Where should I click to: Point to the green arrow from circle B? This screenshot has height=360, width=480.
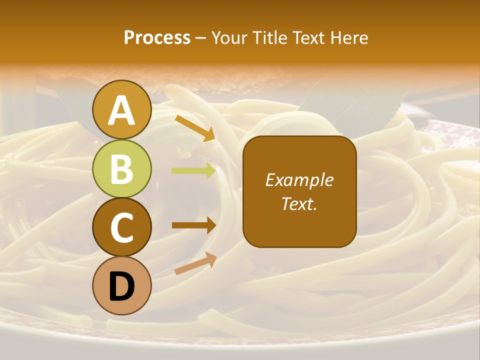tap(194, 171)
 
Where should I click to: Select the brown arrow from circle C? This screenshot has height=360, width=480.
tap(194, 225)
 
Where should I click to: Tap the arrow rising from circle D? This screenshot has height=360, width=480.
tap(195, 264)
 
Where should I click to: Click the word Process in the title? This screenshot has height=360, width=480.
tap(157, 38)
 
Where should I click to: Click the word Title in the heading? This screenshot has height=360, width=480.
tap(268, 38)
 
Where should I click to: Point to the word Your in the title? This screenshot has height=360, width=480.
tap(229, 38)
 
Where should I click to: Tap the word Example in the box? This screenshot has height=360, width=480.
tap(299, 180)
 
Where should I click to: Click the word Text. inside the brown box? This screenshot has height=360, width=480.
tap(299, 203)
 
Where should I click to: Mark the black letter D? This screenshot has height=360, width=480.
tap(122, 286)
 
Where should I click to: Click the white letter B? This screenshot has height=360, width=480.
tap(122, 169)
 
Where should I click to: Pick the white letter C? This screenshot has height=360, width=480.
tap(122, 227)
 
